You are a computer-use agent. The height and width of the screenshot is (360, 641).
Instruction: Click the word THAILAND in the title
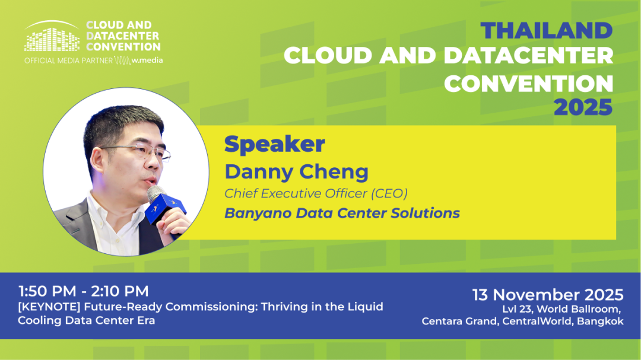(x=547, y=30)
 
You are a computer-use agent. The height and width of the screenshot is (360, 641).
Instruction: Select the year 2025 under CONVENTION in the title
(x=583, y=107)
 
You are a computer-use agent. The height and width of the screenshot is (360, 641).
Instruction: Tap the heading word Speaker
(x=275, y=144)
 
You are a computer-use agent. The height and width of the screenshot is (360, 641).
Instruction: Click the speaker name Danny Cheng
(x=296, y=171)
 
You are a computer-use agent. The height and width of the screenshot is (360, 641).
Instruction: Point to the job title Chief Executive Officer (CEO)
(x=316, y=193)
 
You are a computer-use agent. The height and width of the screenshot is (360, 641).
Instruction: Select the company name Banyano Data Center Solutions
(x=342, y=213)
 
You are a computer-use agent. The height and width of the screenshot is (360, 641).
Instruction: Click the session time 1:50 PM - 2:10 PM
(x=84, y=291)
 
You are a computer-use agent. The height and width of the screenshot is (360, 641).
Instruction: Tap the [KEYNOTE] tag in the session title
(x=49, y=307)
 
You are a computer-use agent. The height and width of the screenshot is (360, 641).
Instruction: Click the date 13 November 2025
(x=548, y=295)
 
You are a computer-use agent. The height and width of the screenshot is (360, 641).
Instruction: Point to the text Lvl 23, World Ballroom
(x=561, y=309)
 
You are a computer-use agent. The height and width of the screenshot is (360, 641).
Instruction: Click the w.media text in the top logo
(x=147, y=60)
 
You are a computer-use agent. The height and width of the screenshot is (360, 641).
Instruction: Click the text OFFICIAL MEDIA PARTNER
(x=68, y=60)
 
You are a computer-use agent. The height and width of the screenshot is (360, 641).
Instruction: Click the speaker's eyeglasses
(x=137, y=150)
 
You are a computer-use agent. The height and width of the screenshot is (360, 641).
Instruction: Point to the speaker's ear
(x=97, y=161)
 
